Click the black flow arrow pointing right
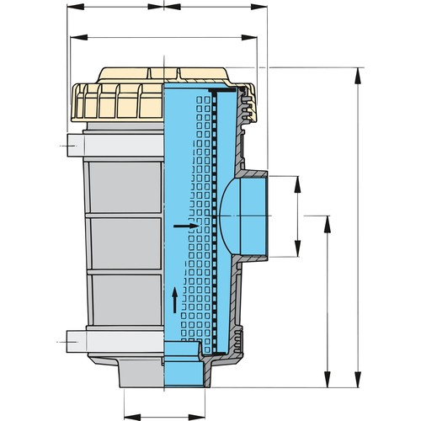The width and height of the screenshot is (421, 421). point(186,226)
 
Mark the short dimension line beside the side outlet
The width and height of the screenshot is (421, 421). point(296,215)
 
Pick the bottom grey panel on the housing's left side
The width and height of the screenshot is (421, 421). point(125,299)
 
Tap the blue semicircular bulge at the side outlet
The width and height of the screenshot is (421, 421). point(226,215)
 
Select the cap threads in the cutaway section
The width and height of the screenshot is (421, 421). point(245,105)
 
